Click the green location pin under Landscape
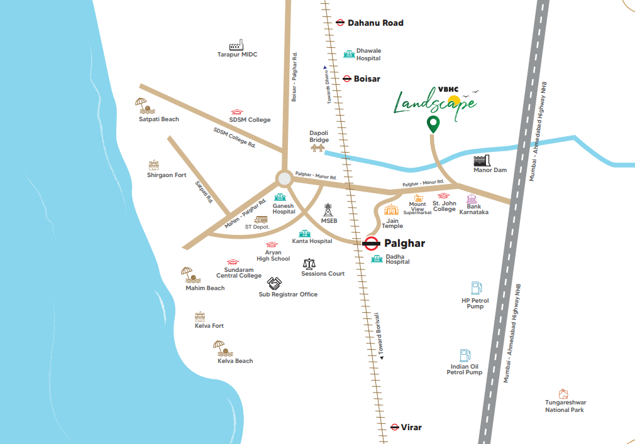433,124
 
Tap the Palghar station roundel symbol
372,243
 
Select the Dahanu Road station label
375,23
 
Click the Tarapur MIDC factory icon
236,45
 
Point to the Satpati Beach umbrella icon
142,104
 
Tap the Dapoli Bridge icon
319,148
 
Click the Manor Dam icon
481,159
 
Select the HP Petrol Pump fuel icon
476,288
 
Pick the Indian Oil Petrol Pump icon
465,355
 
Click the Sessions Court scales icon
309,264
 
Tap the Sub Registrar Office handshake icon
274,283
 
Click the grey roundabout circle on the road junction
284,179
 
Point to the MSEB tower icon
328,210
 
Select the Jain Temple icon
392,210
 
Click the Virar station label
412,427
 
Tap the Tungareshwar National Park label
565,406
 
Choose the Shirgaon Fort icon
154,165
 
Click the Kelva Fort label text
209,326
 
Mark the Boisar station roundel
347,79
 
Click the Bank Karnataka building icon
472,198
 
